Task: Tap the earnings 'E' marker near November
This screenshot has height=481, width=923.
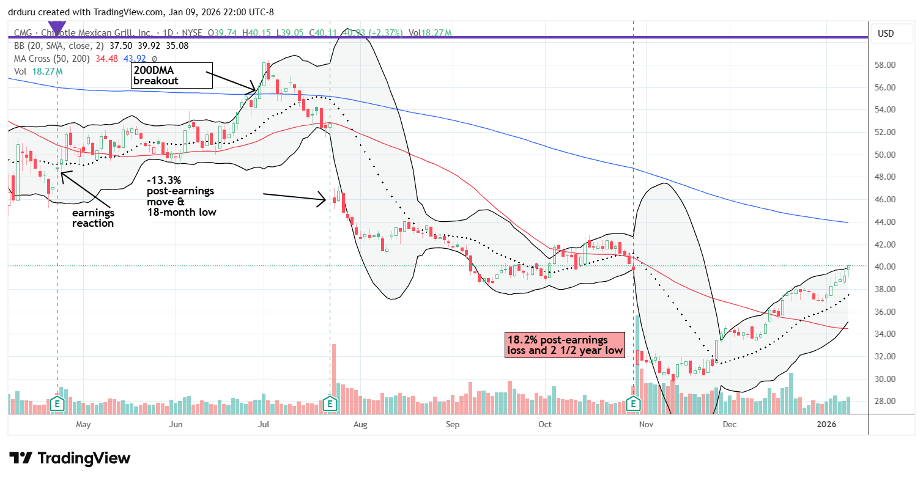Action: pos(634,403)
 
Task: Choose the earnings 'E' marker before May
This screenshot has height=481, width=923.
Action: pos(58,403)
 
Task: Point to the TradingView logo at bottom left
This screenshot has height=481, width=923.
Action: pos(70,458)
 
